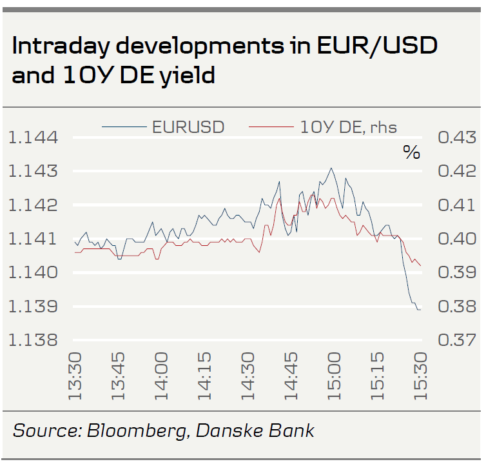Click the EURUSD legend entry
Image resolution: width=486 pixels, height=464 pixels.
pyautogui.click(x=188, y=127)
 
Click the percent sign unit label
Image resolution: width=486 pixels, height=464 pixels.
pyautogui.click(x=411, y=153)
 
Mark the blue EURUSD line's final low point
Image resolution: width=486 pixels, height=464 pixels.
pyautogui.click(x=420, y=310)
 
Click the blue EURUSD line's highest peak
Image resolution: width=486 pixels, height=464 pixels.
pyautogui.click(x=331, y=168)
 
